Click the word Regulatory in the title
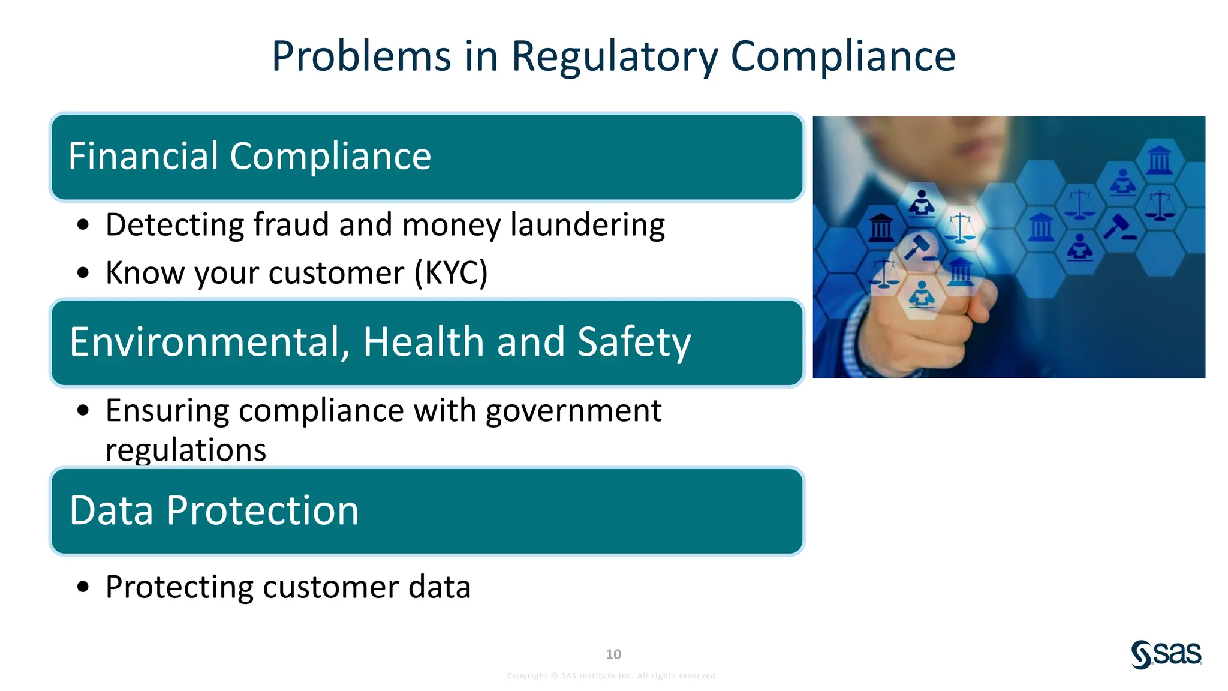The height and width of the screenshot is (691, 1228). point(614,57)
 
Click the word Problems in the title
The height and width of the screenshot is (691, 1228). point(361,57)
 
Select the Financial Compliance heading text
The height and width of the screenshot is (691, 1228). point(249,156)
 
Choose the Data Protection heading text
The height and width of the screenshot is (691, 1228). point(214,510)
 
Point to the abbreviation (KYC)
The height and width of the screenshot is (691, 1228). point(451,273)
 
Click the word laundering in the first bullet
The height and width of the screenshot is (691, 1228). point(587,225)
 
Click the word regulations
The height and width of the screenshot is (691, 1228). point(186,450)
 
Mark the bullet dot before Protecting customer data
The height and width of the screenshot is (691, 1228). point(83,587)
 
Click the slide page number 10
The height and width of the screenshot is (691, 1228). point(613,654)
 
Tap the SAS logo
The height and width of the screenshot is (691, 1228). point(1166,654)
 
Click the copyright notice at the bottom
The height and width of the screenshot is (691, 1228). point(612,676)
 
